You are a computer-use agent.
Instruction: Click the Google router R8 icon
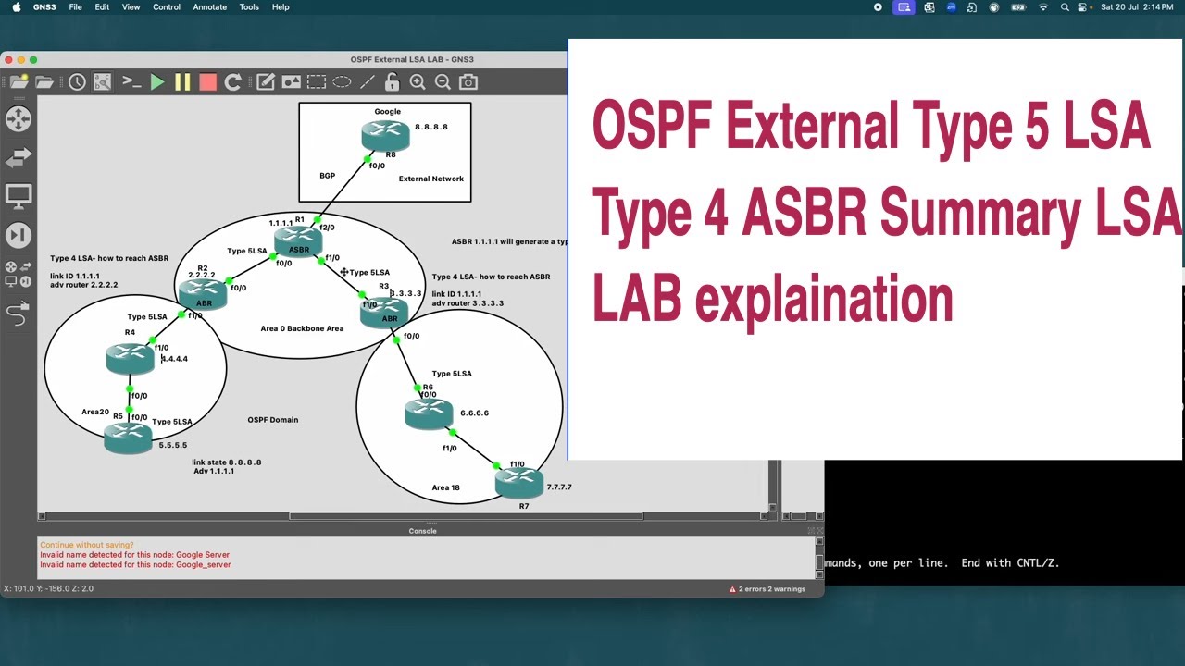pos(385,136)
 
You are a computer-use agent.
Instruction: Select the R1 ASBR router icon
pos(298,240)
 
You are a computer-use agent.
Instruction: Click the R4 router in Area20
pos(130,358)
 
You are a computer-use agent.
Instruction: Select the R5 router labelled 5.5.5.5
pos(128,438)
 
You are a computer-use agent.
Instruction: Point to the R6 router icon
pos(429,413)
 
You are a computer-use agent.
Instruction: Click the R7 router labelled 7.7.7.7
pos(518,482)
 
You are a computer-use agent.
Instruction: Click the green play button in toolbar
pos(157,82)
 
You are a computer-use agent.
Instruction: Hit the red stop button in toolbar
pos(208,82)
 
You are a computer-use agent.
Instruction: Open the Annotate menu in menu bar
pos(209,7)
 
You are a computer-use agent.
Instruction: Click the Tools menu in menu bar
pos(249,7)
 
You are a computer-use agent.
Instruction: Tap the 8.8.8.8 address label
pos(430,127)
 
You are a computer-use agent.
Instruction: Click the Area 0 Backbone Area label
pos(302,328)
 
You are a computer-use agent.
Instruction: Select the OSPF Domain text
pos(272,420)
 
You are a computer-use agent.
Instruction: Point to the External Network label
pos(430,179)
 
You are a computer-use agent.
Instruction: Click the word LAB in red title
pos(638,300)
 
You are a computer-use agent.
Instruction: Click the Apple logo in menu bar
pos(16,7)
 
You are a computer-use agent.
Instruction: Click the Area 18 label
pos(445,487)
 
